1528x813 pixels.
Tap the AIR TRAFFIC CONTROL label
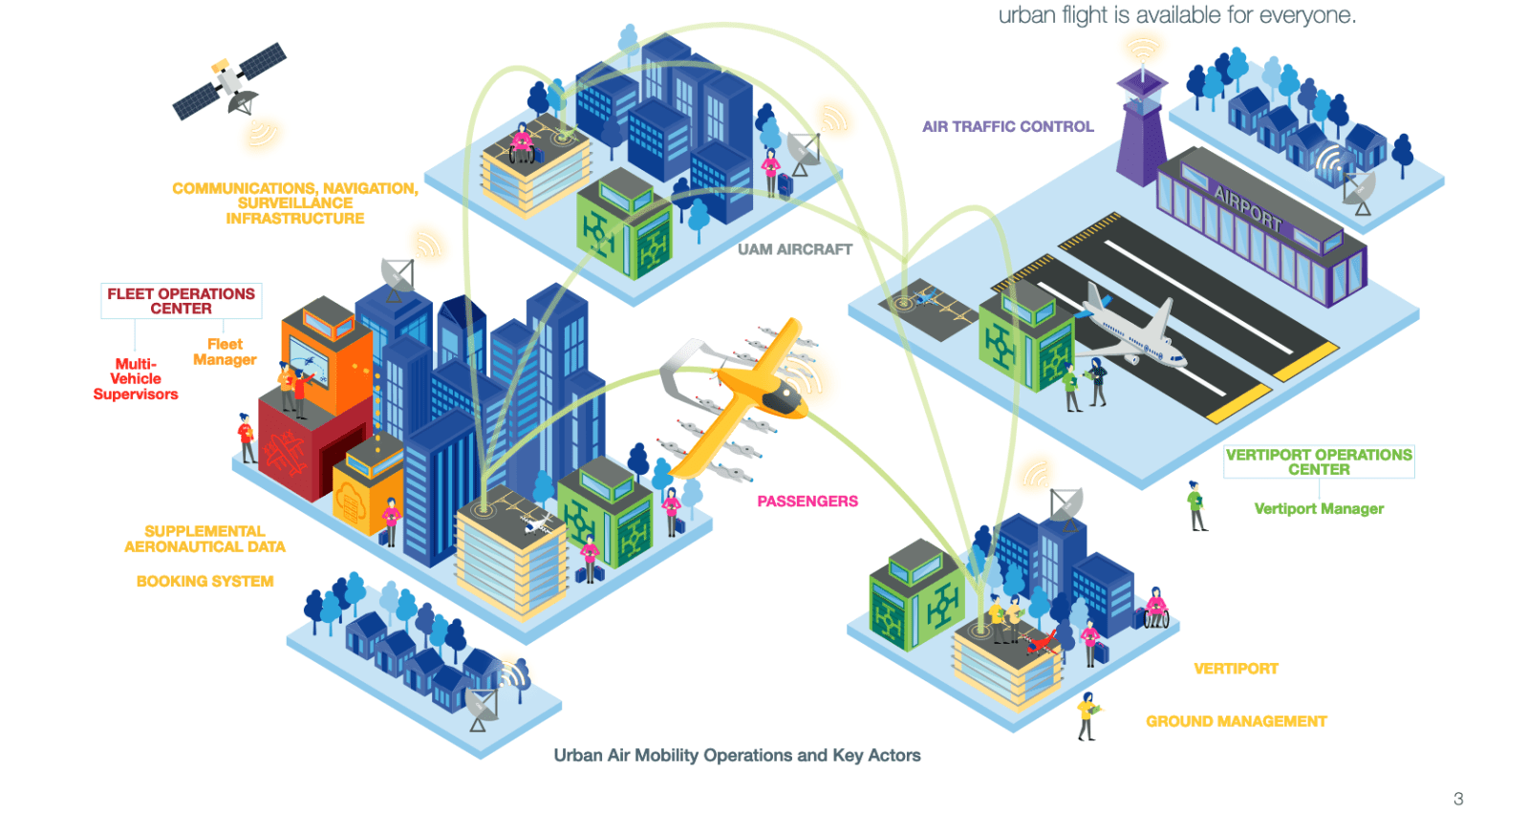pos(1007,126)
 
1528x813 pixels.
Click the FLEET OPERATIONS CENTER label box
pos(181,301)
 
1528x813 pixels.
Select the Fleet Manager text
pos(225,352)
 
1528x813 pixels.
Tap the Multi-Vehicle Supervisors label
pos(136,378)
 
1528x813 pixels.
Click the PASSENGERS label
pos(807,502)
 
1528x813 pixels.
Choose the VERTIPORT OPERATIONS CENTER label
pos(1319,461)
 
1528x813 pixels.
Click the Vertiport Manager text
pos(1319,509)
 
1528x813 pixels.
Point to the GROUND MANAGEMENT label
pos(1236,721)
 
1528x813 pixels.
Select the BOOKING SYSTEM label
pos(204,581)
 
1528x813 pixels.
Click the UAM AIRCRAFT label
pos(794,249)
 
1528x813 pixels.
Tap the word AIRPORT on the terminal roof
pos(1247,207)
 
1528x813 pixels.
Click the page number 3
pos(1458,799)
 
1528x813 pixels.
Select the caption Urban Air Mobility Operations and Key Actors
pos(737,756)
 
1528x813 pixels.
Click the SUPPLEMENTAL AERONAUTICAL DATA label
pos(204,539)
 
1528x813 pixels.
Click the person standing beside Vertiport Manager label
pos(1195,506)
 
